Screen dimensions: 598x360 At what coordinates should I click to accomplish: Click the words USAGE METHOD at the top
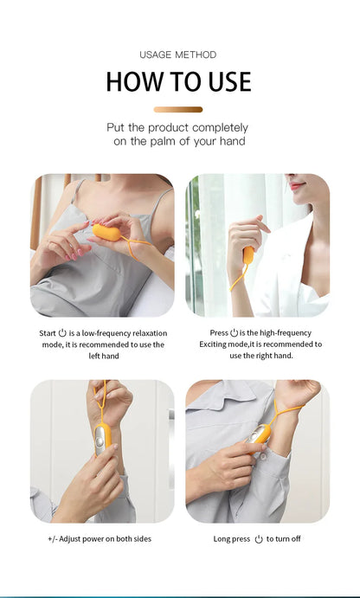coord(178,55)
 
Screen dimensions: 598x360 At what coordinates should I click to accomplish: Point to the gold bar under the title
coord(178,110)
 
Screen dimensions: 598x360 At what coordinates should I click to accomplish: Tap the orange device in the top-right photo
coord(247,254)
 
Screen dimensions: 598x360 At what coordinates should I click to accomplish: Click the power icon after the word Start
coord(62,333)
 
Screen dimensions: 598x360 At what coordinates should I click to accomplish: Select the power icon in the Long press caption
coord(258,539)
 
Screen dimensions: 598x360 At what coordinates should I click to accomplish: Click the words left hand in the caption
coord(103,356)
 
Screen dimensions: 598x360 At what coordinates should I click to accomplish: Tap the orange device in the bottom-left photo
coord(102,437)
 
